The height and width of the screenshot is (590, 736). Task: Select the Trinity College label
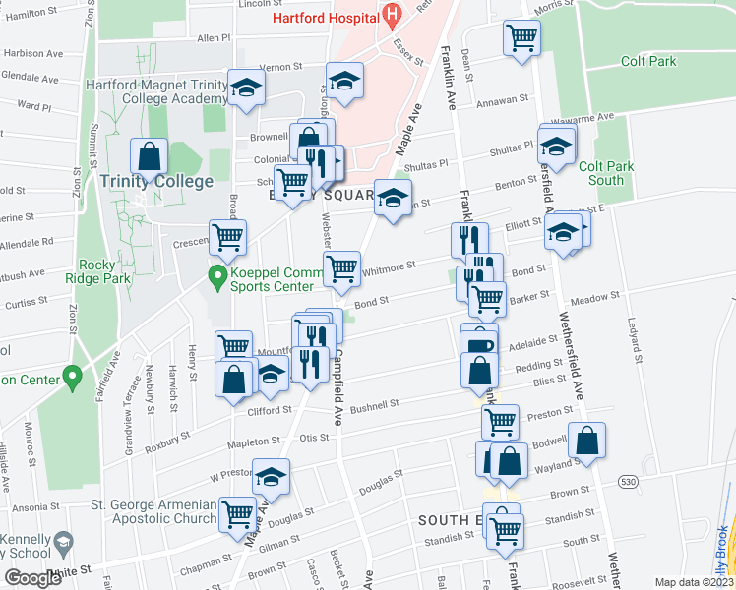(x=155, y=182)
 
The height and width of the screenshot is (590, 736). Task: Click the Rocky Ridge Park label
(x=111, y=271)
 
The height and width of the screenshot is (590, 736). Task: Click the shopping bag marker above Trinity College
(x=149, y=156)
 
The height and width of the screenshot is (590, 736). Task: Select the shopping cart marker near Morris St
(x=521, y=38)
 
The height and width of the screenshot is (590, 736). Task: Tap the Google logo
(x=32, y=578)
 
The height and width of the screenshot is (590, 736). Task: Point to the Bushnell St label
(x=374, y=403)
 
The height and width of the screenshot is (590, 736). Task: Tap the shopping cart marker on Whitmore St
(x=341, y=267)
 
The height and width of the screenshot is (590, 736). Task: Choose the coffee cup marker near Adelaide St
(x=478, y=345)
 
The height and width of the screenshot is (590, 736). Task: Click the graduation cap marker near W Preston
(x=272, y=477)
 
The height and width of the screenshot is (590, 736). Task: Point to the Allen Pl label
(x=213, y=38)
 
